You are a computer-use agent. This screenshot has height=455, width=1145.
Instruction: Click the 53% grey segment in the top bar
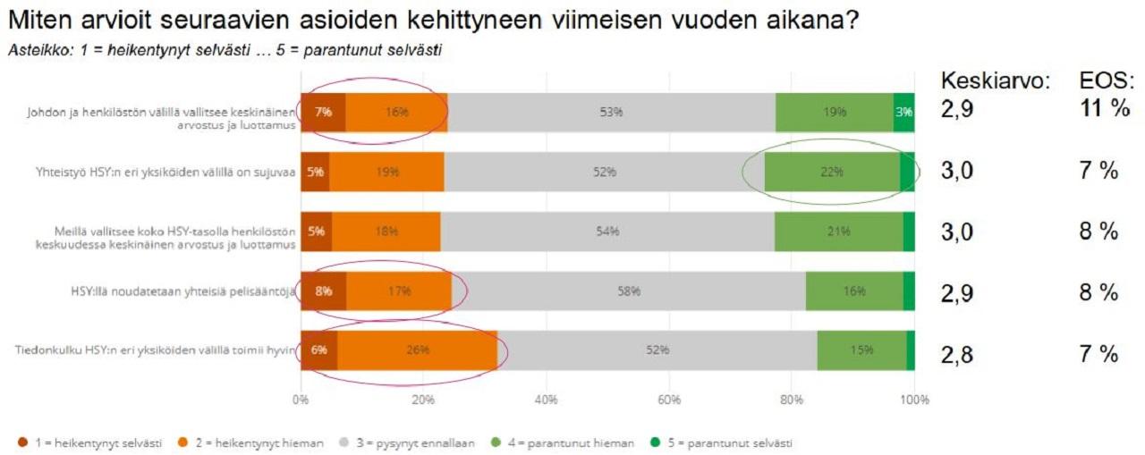pyautogui.click(x=612, y=112)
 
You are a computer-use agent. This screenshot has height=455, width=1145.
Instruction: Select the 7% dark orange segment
pyautogui.click(x=323, y=112)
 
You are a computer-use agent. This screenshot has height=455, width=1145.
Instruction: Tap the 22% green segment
pyautogui.click(x=832, y=172)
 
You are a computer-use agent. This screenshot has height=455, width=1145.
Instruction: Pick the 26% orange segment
pyautogui.click(x=417, y=350)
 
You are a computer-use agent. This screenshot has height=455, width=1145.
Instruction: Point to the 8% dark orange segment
pyautogui.click(x=323, y=291)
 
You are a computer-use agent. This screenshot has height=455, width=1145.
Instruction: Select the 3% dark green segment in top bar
pyautogui.click(x=903, y=112)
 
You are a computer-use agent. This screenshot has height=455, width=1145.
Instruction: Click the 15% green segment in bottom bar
pyautogui.click(x=861, y=350)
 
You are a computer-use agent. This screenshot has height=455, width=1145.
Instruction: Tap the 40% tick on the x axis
pyautogui.click(x=547, y=399)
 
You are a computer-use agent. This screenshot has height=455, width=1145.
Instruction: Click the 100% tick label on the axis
pyautogui.click(x=914, y=399)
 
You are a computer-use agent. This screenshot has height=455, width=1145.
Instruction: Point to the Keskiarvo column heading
pyautogui.click(x=994, y=80)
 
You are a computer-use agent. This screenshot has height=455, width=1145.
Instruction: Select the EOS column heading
pyautogui.click(x=1107, y=80)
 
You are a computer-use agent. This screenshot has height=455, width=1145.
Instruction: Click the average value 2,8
pyautogui.click(x=956, y=354)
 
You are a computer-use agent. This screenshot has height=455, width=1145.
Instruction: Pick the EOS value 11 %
pyautogui.click(x=1106, y=111)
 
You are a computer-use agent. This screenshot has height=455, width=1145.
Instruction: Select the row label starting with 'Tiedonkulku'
pyautogui.click(x=155, y=350)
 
